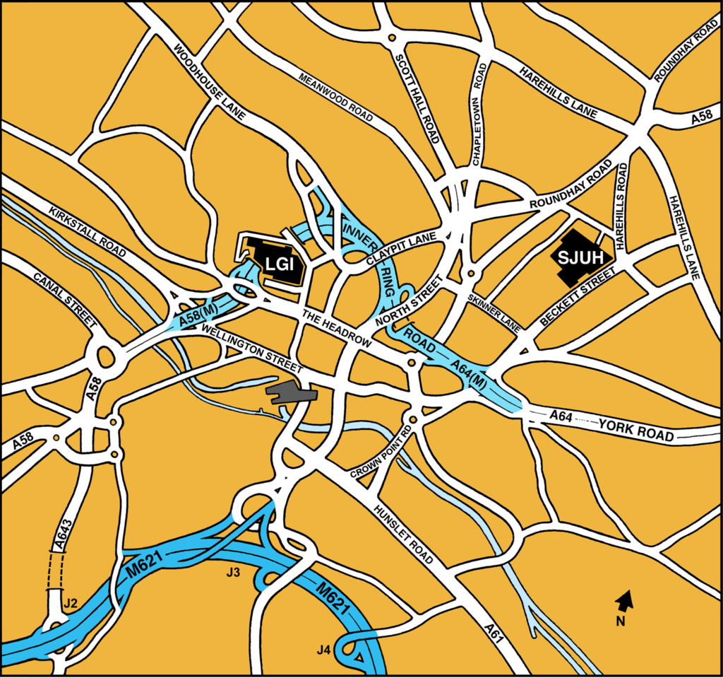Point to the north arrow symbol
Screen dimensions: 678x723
coord(624,602)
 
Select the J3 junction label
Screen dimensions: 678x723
coord(232,572)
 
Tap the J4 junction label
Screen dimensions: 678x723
coord(324,649)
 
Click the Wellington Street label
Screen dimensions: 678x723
coord(251,349)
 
